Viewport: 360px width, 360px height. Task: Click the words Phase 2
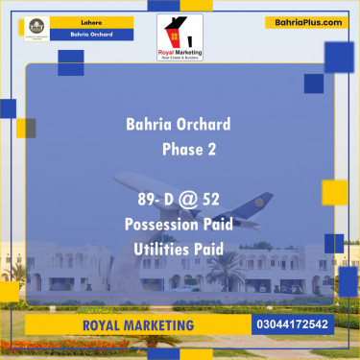click(189, 150)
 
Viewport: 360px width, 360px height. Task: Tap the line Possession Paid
click(180, 224)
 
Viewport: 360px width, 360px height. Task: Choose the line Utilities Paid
click(180, 248)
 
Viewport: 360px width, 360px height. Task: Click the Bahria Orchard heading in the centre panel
click(178, 125)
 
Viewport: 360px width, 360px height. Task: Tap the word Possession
click(160, 224)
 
